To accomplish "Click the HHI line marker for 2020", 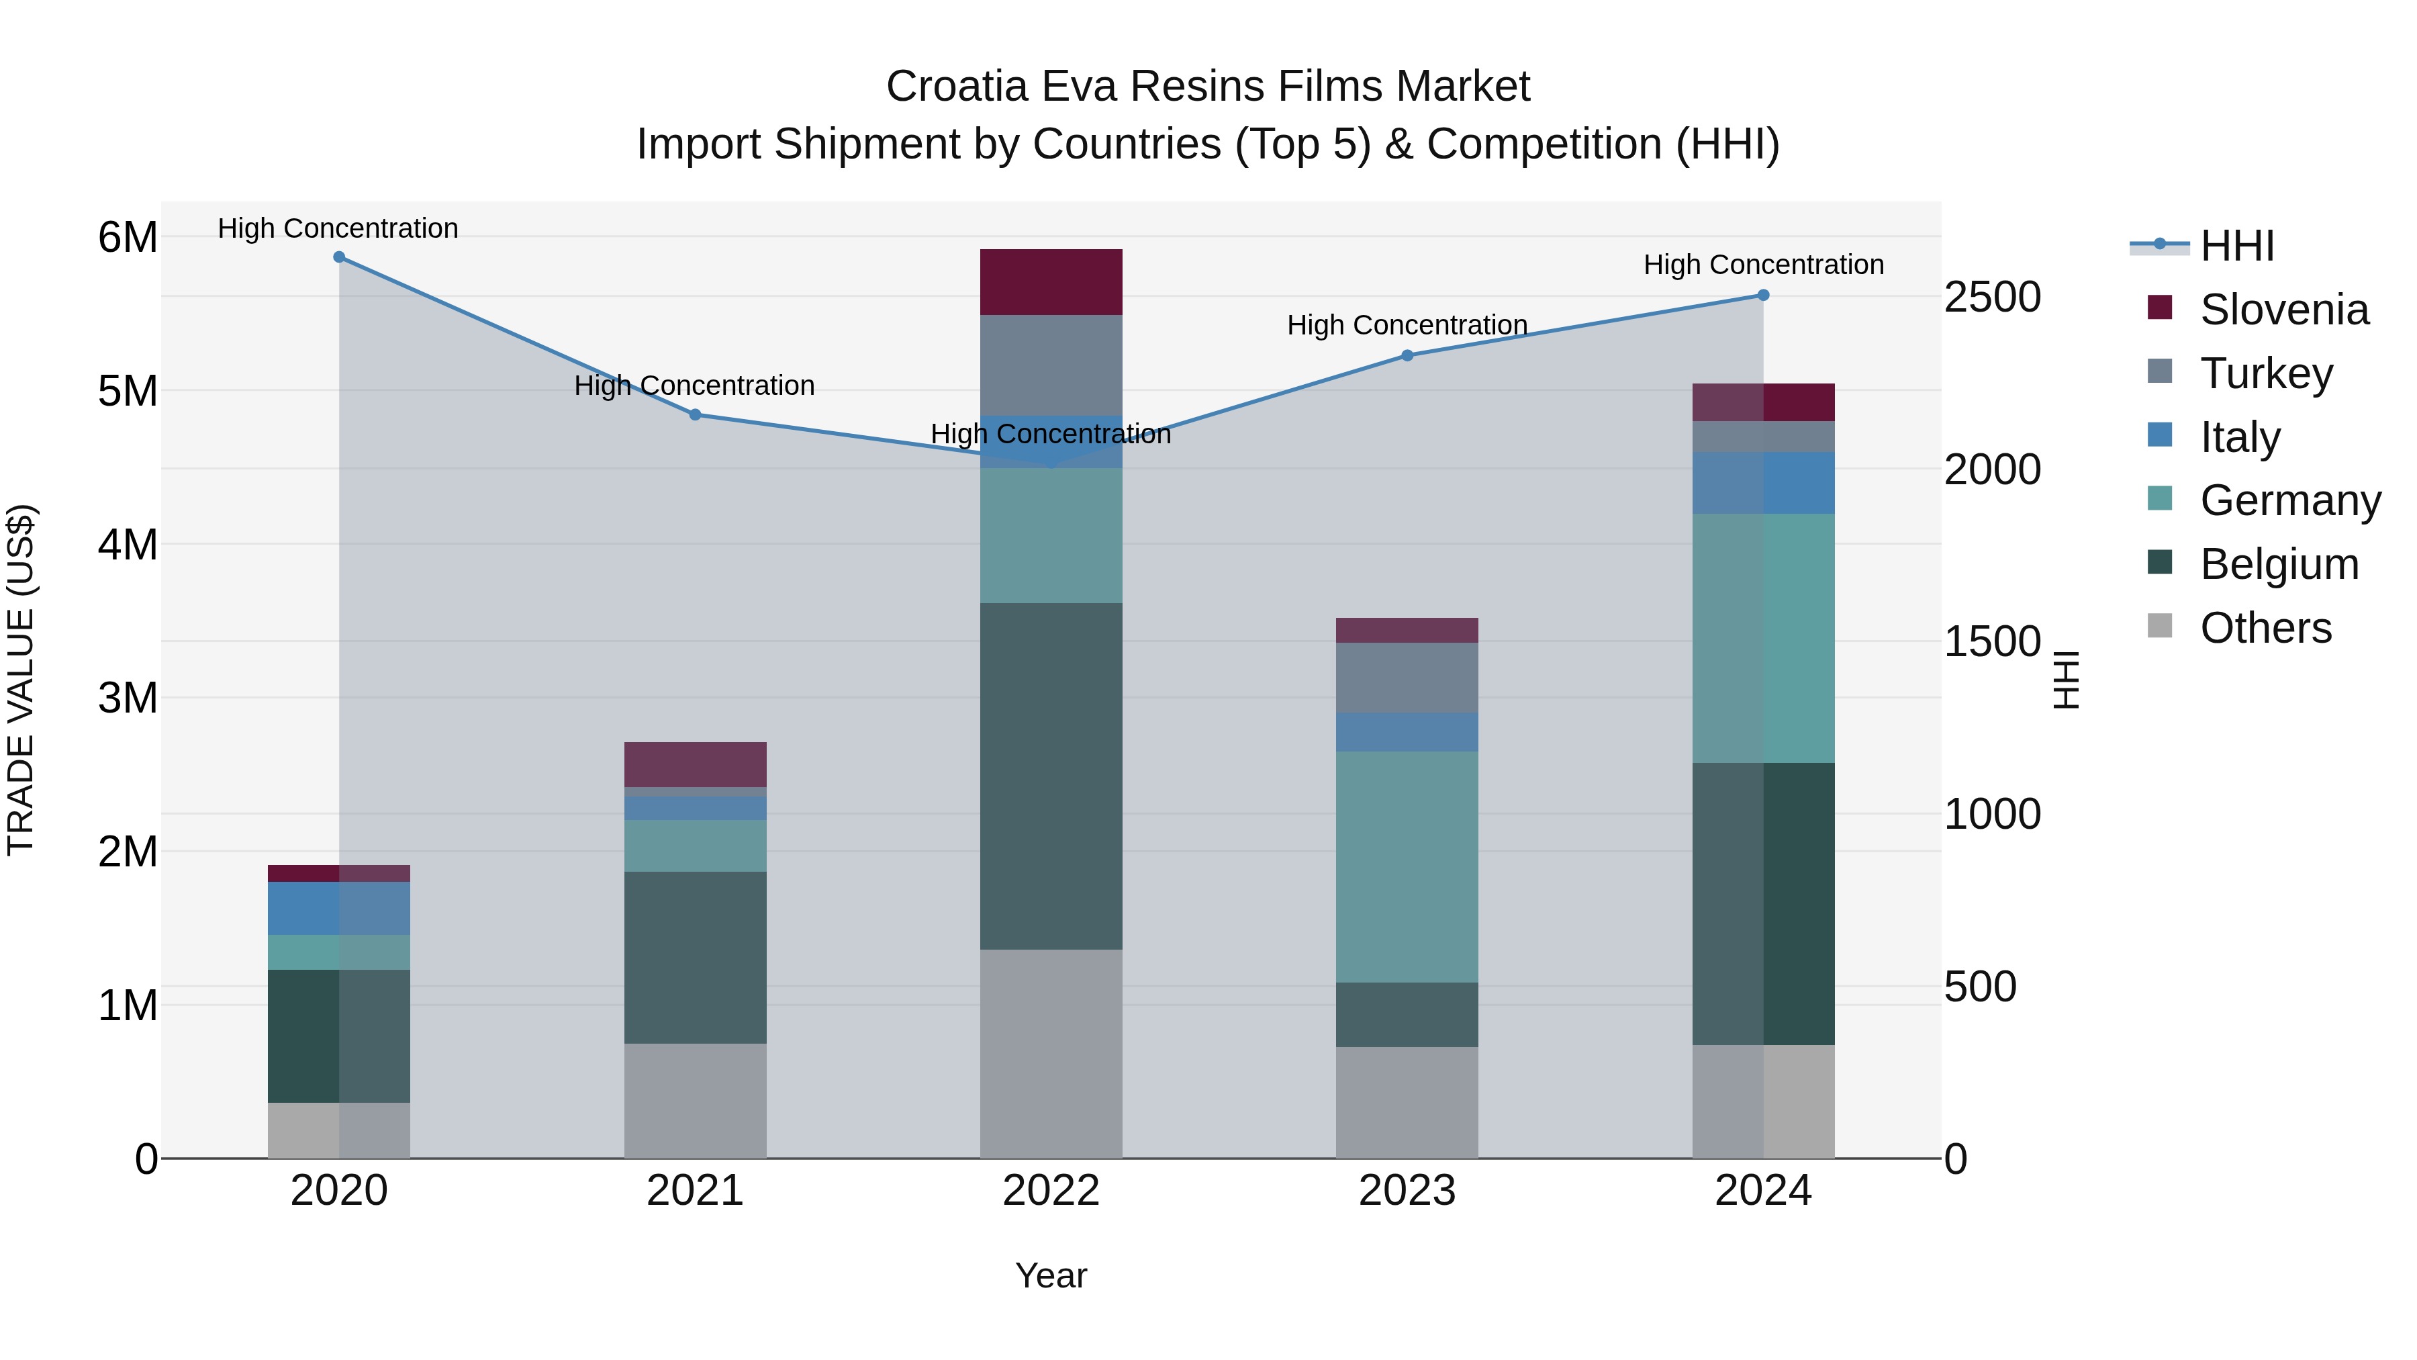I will click(339, 257).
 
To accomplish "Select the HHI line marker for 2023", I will click(1407, 356).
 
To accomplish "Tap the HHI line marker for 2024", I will click(1763, 296).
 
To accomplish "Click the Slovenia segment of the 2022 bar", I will click(1051, 283).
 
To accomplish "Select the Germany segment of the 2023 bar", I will click(1407, 866).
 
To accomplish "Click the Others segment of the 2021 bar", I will click(696, 1100).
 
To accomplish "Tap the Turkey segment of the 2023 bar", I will click(1407, 678).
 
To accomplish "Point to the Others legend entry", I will click(2265, 628).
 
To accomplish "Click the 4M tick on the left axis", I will click(128, 545).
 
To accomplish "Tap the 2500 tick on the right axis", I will click(1992, 297).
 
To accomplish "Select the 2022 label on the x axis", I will click(1051, 1191).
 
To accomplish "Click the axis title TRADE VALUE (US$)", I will click(21, 680).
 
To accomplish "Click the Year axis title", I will click(1051, 1275).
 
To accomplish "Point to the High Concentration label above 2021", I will click(694, 386).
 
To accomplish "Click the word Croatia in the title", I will click(956, 87).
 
